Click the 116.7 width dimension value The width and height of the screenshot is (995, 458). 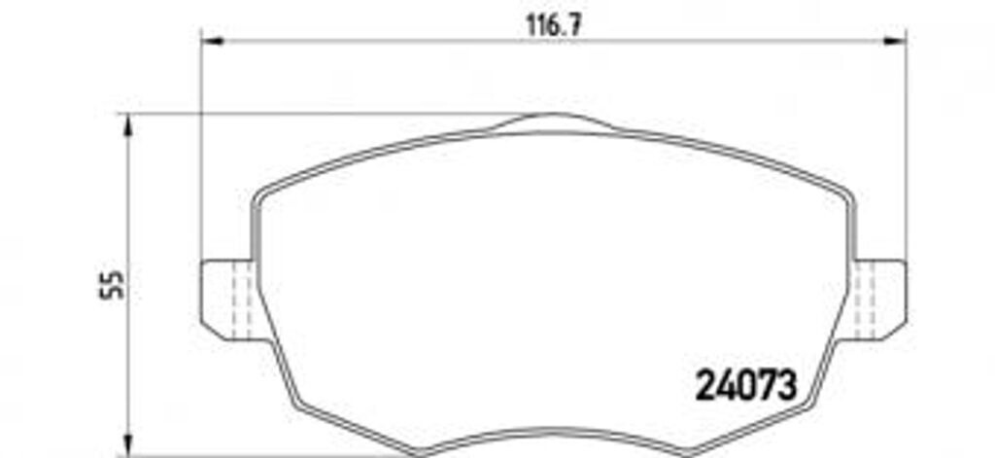[554, 24]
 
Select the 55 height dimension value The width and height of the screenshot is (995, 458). [112, 285]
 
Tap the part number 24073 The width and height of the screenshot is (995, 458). [745, 386]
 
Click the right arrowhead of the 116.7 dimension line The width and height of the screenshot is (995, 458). [895, 41]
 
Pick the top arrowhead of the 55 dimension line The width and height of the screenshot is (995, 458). [129, 125]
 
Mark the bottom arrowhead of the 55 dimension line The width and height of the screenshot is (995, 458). [129, 444]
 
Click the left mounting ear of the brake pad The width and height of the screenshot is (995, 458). [227, 299]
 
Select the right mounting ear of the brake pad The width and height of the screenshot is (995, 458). [879, 299]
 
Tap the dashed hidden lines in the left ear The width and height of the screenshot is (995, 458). [242, 299]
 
